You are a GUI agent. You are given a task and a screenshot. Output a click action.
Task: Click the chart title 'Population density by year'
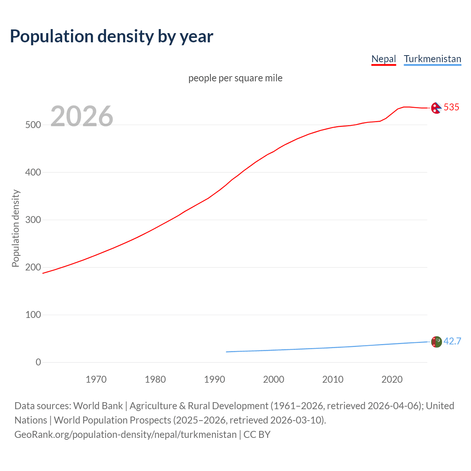coord(111,36)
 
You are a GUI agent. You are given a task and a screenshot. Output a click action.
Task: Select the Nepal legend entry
coord(383,59)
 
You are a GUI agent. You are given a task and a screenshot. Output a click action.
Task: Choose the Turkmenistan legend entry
coord(432,59)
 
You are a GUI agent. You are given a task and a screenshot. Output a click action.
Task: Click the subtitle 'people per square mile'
coord(235,78)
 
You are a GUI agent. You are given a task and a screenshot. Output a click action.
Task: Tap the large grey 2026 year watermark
coord(82,116)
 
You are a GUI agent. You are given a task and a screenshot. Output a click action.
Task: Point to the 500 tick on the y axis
coord(33,125)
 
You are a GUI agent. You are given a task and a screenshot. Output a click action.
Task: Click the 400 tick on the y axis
coord(33,172)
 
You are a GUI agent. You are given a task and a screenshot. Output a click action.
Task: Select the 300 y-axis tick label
coord(33,220)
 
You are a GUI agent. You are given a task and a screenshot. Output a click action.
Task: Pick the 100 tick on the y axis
coord(33,315)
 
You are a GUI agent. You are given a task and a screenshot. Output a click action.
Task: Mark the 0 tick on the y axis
coord(38,362)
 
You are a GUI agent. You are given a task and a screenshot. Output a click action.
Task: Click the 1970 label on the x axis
coord(96,379)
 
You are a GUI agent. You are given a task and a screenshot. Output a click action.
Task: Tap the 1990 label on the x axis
coord(215,379)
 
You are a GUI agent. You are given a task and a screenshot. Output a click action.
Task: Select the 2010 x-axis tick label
coord(333,379)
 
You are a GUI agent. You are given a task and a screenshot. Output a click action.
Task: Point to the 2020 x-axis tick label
coord(392,379)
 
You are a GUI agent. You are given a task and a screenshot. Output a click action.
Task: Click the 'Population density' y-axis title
coord(15,228)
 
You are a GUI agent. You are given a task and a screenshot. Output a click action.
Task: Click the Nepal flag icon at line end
coord(436,108)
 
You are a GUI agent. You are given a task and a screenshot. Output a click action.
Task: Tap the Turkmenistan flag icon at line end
coord(436,341)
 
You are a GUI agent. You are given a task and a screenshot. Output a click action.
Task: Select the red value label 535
coord(451,107)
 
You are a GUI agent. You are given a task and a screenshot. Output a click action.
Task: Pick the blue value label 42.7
coord(452,341)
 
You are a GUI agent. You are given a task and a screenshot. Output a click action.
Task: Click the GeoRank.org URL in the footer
coord(125,435)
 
